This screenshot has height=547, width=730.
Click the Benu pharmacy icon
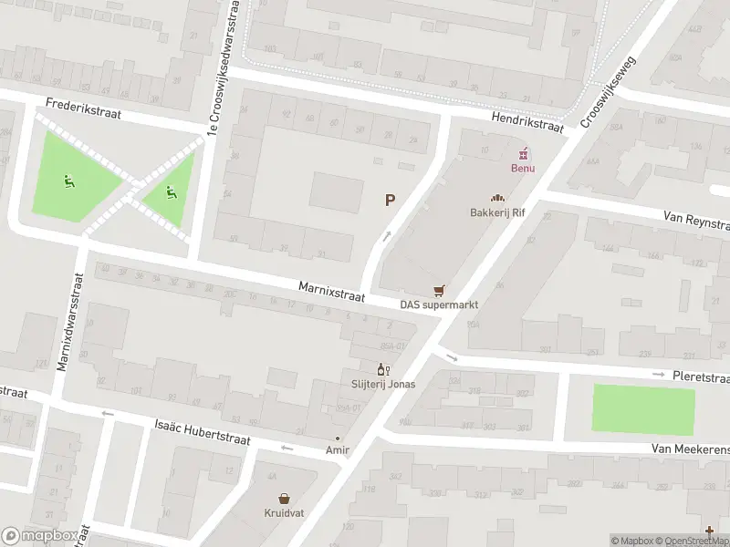click(x=525, y=153)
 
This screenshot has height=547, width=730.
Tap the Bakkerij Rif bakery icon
click(x=497, y=198)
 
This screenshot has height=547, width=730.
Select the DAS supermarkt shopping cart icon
click(x=440, y=291)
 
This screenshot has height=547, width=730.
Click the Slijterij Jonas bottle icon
click(x=383, y=369)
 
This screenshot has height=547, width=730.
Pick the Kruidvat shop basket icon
click(x=285, y=499)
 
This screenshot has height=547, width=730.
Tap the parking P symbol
click(x=391, y=200)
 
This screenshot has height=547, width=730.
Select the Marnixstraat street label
click(x=331, y=292)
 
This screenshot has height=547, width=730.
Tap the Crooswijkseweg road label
click(x=609, y=88)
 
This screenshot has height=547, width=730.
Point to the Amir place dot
click(x=337, y=439)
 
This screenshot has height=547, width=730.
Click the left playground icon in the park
click(x=68, y=181)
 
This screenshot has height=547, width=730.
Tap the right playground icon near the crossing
click(x=170, y=192)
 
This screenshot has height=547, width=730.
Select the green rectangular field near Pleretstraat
click(x=643, y=408)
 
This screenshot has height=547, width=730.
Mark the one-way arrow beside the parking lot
click(x=386, y=237)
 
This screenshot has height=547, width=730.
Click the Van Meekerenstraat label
click(x=690, y=449)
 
